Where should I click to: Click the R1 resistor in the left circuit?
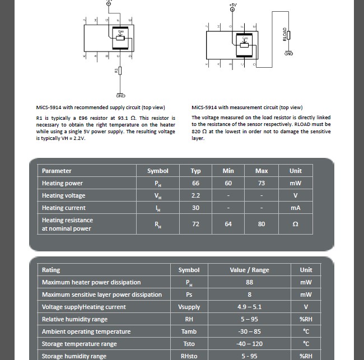pos(120,71)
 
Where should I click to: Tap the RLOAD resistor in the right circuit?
pos(289,35)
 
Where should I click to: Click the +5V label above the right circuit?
pos(233,4)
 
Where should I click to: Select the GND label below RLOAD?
pos(289,54)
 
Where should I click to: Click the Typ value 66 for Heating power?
pos(195,183)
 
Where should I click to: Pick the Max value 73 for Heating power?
pos(262,183)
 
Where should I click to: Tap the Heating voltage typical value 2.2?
pos(195,195)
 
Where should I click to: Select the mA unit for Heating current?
pos(295,208)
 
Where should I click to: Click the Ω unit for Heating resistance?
pos(295,224)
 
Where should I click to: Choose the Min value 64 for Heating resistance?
pos(228,224)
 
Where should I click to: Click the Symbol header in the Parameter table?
pos(157,171)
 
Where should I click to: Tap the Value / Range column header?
pos(249,270)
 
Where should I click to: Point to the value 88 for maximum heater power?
pos(249,282)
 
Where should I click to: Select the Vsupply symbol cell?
pos(189,307)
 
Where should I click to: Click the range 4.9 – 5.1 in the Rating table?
pos(249,307)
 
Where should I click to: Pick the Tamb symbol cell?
pos(189,331)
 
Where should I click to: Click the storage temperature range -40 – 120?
pos(249,344)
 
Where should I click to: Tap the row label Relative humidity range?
pos(74,319)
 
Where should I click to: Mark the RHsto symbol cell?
pos(189,356)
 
